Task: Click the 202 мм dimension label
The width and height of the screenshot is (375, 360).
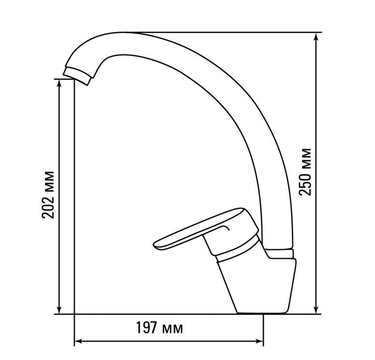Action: coord(48,195)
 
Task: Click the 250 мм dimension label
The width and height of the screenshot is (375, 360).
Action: coord(305,172)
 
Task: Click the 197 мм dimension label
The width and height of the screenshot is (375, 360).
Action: coord(159,328)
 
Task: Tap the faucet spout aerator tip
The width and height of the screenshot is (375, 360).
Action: coord(77,76)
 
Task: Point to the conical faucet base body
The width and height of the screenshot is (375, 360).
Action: coord(257,285)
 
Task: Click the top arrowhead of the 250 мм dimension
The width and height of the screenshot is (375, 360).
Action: coord(317,37)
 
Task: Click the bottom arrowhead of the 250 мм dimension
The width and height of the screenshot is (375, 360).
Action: coord(317,309)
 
